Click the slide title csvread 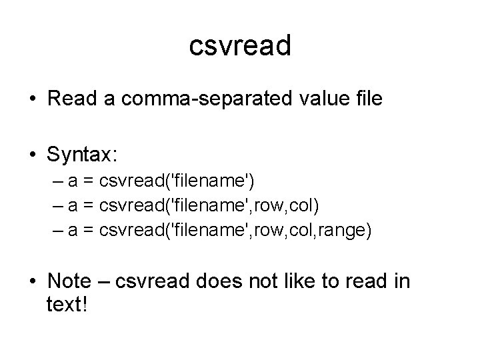click(x=240, y=46)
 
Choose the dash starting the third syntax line click(x=55, y=231)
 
